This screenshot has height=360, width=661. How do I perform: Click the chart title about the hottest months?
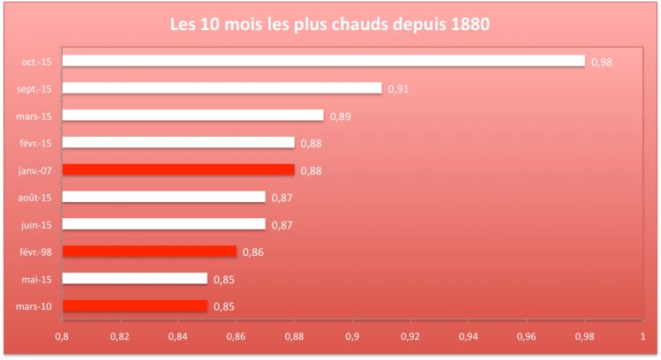pos(329,24)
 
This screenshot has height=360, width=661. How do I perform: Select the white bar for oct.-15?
pos(323,61)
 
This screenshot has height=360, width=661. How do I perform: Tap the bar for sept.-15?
pos(222,88)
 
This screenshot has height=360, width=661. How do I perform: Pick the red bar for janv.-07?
pos(178,169)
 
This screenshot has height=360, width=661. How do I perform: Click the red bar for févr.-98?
pos(149,251)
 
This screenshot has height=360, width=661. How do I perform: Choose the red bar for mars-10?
pos(134,306)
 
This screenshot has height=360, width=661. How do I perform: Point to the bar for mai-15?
pos(134,279)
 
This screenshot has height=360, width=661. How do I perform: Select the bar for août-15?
pos(163,197)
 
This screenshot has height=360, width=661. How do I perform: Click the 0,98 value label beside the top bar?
pos(602,62)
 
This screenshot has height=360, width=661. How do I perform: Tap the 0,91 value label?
pos(398,89)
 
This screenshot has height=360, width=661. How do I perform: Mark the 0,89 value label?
pos(339,116)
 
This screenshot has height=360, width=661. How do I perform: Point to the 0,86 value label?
pos(252,252)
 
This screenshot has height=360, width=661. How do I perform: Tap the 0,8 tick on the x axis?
pos(62,336)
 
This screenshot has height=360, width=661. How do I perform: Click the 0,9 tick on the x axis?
pos(352,336)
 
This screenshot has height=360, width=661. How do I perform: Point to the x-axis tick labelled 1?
pos(642,336)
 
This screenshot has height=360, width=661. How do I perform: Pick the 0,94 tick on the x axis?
pos(469,336)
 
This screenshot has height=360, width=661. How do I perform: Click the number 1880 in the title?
pos(469,24)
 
